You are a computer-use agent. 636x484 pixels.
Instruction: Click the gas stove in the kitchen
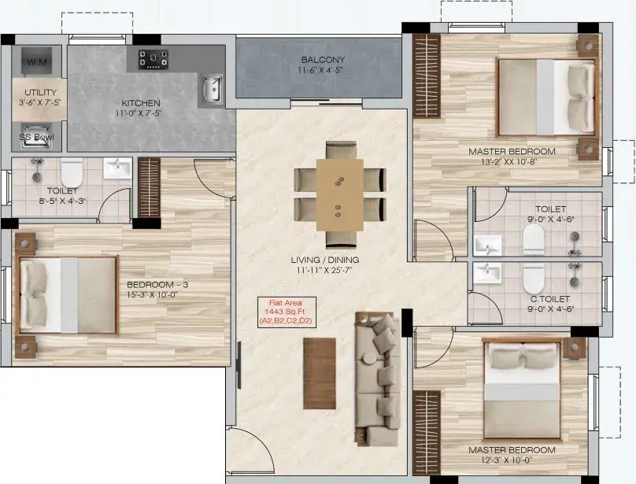[x=153, y=59]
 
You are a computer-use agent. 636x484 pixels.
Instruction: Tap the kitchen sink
[x=212, y=89]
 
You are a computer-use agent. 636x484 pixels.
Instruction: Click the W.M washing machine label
[x=36, y=62]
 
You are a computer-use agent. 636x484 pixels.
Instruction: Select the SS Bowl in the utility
[x=36, y=136]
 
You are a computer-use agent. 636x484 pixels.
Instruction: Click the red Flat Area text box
[x=287, y=312]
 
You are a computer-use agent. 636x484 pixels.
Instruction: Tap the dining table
[x=340, y=194]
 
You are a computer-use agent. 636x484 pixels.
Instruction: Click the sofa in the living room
[x=378, y=379]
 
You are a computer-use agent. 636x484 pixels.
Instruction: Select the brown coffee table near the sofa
[x=320, y=373]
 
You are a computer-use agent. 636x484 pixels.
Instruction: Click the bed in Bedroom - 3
[x=68, y=295]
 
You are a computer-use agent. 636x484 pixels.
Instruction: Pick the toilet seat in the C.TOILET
[x=534, y=279]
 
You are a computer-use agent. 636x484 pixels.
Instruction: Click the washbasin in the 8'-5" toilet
[x=117, y=168]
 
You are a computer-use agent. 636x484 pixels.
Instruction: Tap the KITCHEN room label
[x=141, y=103]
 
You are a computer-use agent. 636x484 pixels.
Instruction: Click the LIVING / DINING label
[x=325, y=260]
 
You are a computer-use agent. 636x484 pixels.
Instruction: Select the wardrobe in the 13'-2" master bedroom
[x=427, y=76]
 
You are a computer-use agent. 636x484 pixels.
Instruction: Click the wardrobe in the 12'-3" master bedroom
[x=427, y=433]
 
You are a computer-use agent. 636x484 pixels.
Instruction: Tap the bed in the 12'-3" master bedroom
[x=523, y=390]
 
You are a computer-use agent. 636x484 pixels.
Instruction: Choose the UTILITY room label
[x=41, y=92]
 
